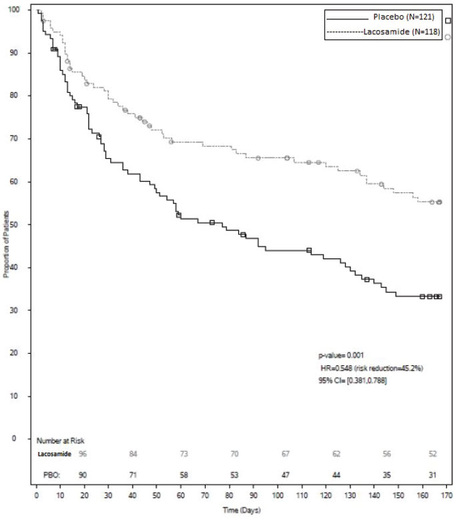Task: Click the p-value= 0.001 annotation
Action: click(x=340, y=355)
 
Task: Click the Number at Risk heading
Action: click(x=60, y=441)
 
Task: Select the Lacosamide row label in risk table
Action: click(x=53, y=454)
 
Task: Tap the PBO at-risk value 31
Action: click(x=433, y=475)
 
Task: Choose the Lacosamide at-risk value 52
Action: click(x=433, y=454)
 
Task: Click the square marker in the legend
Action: click(x=448, y=21)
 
